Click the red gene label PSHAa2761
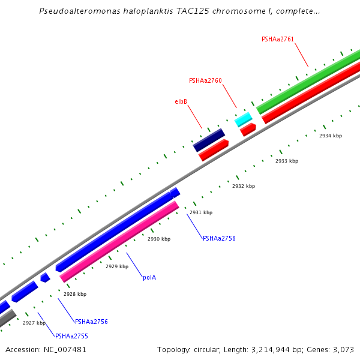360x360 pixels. [x=278, y=39]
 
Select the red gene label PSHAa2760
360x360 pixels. [x=205, y=80]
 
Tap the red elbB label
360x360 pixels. [x=181, y=102]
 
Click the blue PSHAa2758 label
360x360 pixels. [x=219, y=238]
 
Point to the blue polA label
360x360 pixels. [x=149, y=277]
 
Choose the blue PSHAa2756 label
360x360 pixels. [x=91, y=322]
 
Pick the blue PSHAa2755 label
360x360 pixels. [x=71, y=336]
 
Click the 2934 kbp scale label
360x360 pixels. [x=330, y=136]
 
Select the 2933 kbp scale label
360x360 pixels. [x=286, y=161]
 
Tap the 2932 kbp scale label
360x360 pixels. [x=243, y=187]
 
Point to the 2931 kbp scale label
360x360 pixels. [x=200, y=212]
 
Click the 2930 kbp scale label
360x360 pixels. [x=158, y=239]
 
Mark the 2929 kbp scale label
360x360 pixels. [x=116, y=266]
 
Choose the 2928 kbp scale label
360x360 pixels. [x=74, y=294]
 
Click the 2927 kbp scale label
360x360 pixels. [x=34, y=323]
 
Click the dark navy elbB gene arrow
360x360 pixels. [x=208, y=140]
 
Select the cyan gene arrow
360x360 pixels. [x=243, y=119]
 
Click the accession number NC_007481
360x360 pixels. [x=67, y=349]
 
